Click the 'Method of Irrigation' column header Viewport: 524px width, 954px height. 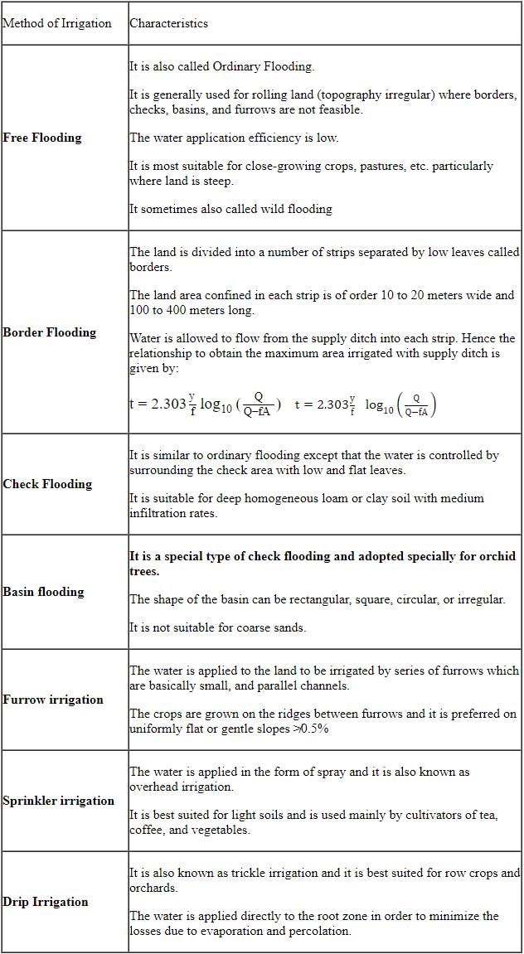57,23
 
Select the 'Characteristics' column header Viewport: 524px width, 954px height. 168,23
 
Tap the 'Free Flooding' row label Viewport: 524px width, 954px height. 42,138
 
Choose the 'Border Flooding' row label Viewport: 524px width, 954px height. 50,332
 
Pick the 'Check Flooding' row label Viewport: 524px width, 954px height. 47,484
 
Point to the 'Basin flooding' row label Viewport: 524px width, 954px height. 44,592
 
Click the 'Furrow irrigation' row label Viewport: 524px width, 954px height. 53,700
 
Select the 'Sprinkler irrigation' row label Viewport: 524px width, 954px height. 59,801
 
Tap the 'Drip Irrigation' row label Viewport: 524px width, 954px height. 46,902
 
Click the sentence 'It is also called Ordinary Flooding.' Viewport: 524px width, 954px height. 222,66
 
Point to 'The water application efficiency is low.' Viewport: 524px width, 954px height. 234,138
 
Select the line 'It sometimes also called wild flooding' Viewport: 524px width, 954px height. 230,209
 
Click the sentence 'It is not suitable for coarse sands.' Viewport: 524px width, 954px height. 217,627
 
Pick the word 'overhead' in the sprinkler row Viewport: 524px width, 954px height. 156,787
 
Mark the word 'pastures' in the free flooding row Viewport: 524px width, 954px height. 351,166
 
